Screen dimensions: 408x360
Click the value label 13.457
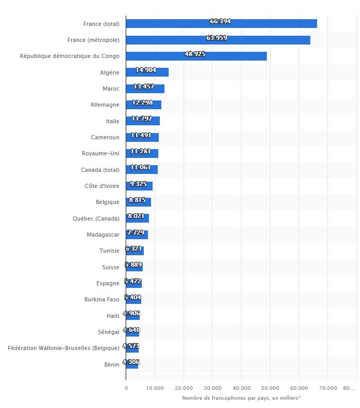(x=144, y=86)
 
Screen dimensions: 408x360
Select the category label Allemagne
(x=104, y=105)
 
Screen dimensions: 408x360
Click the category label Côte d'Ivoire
(x=102, y=186)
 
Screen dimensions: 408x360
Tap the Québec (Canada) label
(x=96, y=218)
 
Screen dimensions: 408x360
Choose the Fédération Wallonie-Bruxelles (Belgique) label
(x=64, y=348)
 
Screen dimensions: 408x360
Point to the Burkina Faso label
(x=102, y=299)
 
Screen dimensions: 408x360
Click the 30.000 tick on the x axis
(x=213, y=388)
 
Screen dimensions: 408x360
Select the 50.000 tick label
(x=271, y=388)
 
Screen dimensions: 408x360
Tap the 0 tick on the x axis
(x=126, y=388)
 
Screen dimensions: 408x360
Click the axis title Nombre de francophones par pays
(x=242, y=398)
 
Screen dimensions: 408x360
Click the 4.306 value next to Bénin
(x=131, y=362)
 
